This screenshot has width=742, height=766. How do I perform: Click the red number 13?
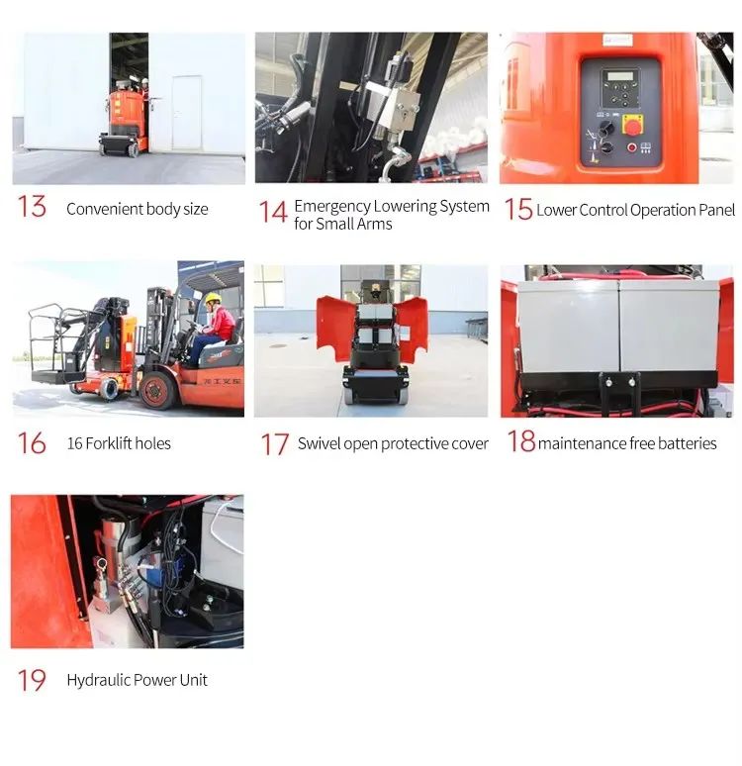32,206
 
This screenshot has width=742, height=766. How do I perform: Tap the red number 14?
273,212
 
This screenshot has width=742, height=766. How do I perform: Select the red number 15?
517,209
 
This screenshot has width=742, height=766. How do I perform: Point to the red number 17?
274,444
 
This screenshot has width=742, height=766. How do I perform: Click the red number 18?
521,440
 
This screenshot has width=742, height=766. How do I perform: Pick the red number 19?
32,680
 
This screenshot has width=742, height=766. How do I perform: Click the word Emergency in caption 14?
332,207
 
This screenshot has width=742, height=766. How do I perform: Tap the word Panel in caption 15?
716,210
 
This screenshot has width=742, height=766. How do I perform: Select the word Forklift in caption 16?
109,443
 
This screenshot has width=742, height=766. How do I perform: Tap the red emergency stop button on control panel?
632,125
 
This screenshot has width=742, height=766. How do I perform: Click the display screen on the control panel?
620,76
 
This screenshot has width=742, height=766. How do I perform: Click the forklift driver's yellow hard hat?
213,298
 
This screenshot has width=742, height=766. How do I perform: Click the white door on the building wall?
187,113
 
